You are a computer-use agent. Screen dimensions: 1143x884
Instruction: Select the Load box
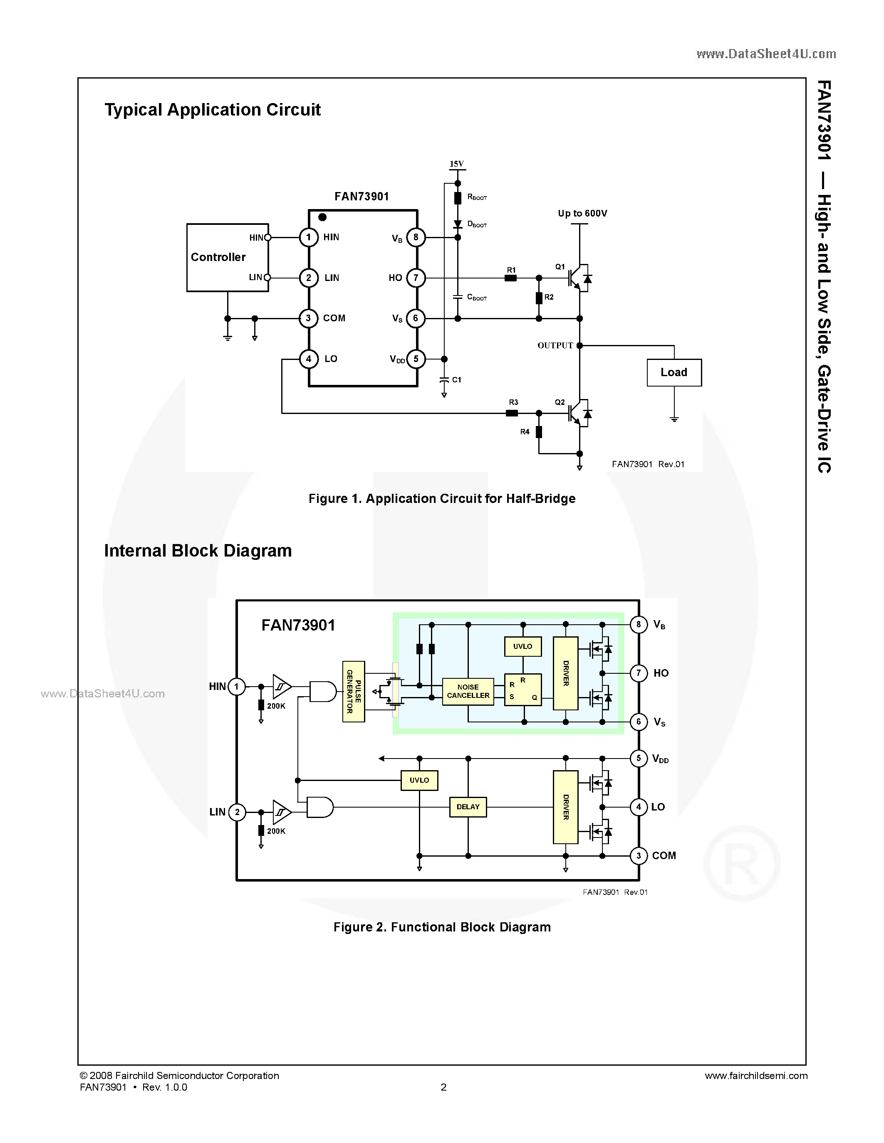(x=674, y=373)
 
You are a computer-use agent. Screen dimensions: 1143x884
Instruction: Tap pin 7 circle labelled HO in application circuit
(x=416, y=278)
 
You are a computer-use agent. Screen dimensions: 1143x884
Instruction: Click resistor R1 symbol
(x=510, y=278)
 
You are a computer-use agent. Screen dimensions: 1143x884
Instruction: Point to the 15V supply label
(x=457, y=164)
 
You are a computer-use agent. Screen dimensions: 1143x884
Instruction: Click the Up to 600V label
(x=582, y=214)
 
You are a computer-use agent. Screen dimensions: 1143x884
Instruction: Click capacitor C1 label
(x=457, y=379)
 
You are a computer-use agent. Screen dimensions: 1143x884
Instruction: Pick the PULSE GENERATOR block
(x=354, y=691)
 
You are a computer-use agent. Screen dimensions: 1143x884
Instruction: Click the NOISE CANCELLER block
(x=468, y=691)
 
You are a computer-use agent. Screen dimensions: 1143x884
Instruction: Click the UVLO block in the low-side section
(x=419, y=780)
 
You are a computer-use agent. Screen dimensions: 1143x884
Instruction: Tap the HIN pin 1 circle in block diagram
(x=237, y=687)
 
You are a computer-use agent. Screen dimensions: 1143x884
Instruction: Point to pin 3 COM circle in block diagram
(x=639, y=856)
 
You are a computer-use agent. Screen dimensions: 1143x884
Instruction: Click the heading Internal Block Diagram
(x=198, y=551)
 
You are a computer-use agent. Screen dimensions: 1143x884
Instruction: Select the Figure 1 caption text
(x=441, y=499)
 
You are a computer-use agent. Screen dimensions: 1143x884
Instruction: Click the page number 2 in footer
(x=443, y=1087)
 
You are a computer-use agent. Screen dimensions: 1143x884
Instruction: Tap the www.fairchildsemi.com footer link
(x=756, y=1076)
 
